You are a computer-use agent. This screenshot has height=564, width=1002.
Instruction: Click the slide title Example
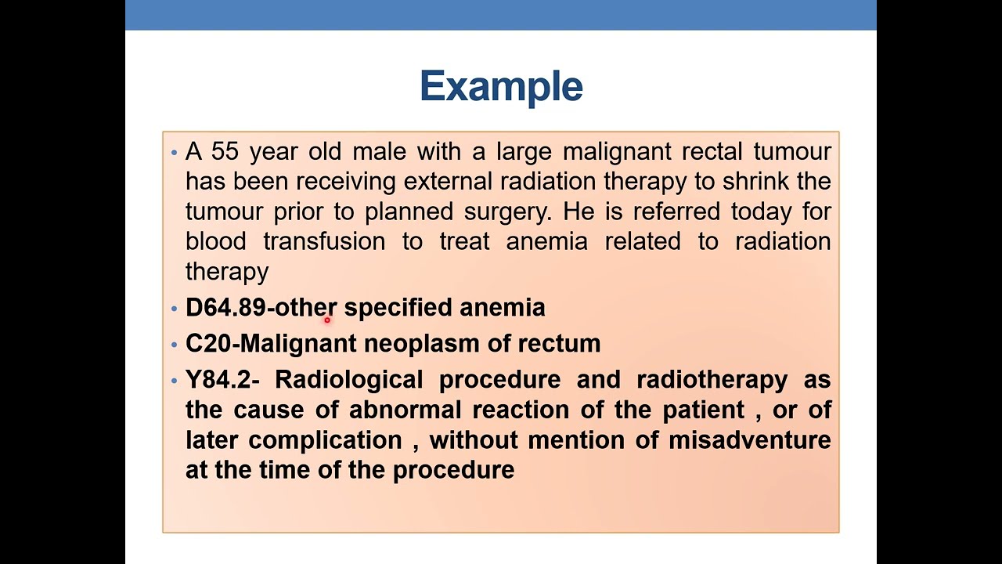click(x=501, y=86)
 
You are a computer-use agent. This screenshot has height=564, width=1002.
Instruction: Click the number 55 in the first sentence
click(x=225, y=151)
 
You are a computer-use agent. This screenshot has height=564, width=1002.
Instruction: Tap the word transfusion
click(x=323, y=241)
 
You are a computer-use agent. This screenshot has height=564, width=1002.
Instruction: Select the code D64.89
click(x=225, y=308)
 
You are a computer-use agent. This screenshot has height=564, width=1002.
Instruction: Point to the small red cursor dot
click(x=327, y=320)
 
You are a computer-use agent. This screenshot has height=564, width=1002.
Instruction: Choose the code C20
click(x=208, y=344)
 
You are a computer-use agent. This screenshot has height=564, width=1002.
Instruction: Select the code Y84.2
click(x=218, y=380)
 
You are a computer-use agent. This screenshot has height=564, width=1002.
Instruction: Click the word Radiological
click(x=348, y=380)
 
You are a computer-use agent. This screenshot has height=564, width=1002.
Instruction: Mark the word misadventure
click(x=749, y=440)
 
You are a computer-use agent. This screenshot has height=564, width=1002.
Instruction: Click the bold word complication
click(x=325, y=440)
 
